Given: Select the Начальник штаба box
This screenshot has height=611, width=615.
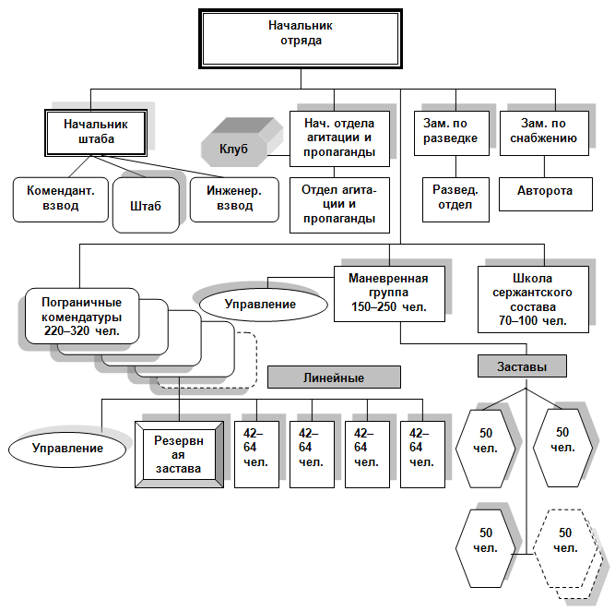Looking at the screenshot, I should tap(96, 131).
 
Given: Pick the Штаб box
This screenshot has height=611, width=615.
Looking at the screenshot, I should tap(146, 204).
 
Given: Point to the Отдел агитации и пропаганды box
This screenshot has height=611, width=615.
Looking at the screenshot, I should tap(338, 204).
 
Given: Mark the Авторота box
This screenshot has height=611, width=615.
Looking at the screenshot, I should tap(544, 191).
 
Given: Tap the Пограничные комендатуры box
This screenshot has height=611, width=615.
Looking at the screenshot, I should tap(83, 315).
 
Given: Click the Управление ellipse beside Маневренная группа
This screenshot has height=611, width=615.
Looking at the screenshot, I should tap(261, 304).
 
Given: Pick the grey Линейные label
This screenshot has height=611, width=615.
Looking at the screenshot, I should tap(334, 377).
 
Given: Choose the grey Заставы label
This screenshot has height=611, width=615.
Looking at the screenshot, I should tap(522, 365).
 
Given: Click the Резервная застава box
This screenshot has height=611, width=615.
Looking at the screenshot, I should tap(179, 453).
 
